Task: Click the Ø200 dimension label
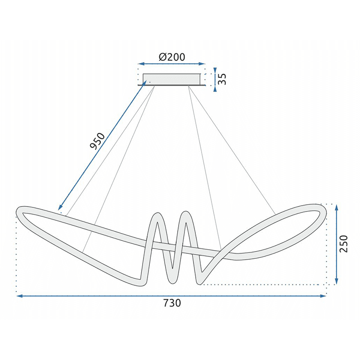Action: (172, 57)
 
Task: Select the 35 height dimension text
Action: (222, 79)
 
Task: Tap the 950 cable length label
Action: (97, 141)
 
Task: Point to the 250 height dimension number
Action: (344, 244)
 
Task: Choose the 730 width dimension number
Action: (172, 303)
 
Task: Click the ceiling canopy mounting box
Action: (171, 80)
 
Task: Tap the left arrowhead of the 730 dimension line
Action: (20, 296)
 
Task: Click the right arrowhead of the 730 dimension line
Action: (323, 296)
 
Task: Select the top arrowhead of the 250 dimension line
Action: (336, 208)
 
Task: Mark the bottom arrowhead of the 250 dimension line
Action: (336, 281)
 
